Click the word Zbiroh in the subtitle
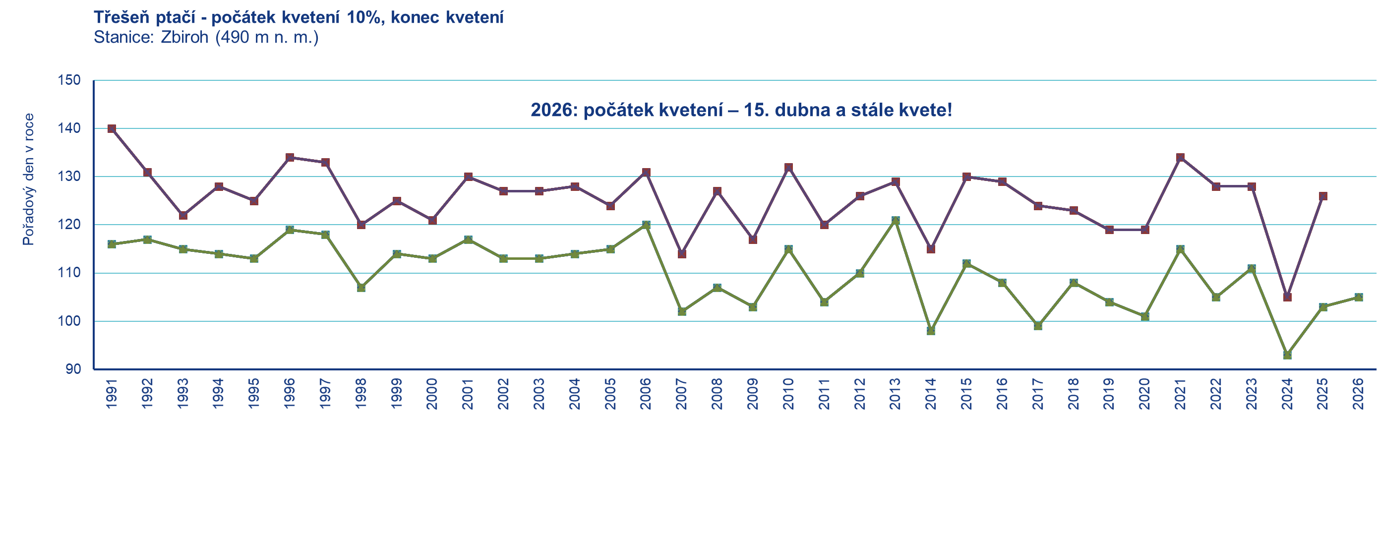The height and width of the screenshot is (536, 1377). pyautogui.click(x=184, y=37)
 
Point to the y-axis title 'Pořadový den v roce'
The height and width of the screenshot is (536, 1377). pyautogui.click(x=28, y=179)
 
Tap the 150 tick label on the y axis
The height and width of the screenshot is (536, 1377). pyautogui.click(x=69, y=81)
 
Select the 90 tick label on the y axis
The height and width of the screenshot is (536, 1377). pyautogui.click(x=73, y=369)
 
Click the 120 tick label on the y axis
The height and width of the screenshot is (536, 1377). pyautogui.click(x=69, y=225)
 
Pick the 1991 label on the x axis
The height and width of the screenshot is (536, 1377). pyautogui.click(x=112, y=394)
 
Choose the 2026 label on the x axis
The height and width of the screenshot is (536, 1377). pyautogui.click(x=1358, y=394)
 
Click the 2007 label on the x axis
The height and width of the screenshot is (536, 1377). pyautogui.click(x=681, y=394)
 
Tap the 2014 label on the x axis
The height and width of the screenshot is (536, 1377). pyautogui.click(x=931, y=394)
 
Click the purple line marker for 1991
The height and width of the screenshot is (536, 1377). pyautogui.click(x=112, y=129)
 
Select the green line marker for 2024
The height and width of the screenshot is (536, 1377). pyautogui.click(x=1287, y=355)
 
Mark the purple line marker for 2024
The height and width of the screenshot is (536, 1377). pyautogui.click(x=1287, y=297)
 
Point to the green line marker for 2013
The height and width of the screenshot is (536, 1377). pyautogui.click(x=896, y=220)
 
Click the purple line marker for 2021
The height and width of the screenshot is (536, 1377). pyautogui.click(x=1180, y=158)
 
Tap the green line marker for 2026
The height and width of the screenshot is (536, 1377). pyautogui.click(x=1358, y=297)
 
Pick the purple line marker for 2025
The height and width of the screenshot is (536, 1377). pyautogui.click(x=1323, y=196)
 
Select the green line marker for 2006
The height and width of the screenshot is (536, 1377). pyautogui.click(x=646, y=225)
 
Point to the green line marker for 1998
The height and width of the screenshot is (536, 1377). pyautogui.click(x=361, y=288)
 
